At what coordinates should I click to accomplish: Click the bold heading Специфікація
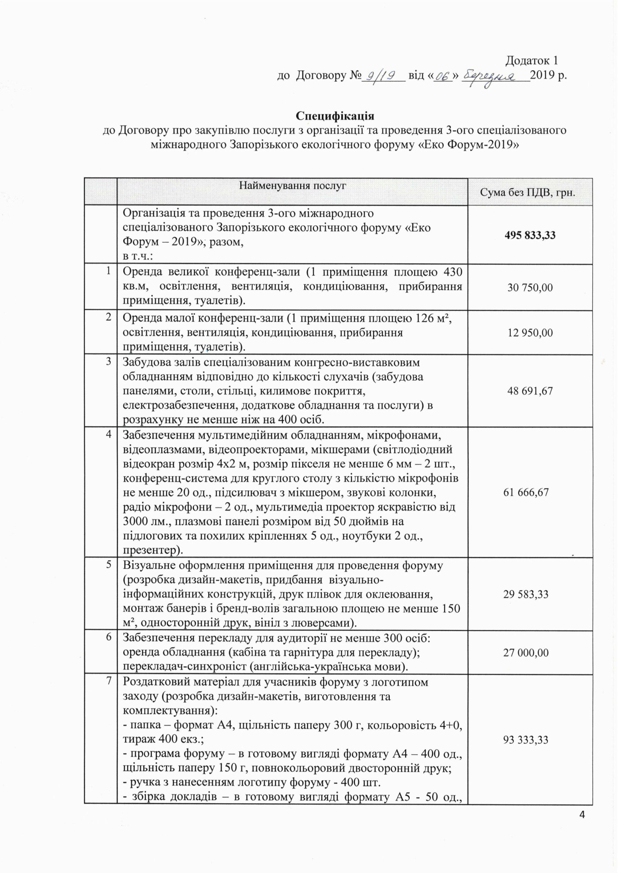point(335,116)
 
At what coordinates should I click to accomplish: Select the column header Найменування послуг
point(293,186)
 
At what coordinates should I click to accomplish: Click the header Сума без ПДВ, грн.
point(530,193)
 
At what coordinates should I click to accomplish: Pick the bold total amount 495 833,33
point(530,235)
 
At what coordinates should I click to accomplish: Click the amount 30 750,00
point(530,288)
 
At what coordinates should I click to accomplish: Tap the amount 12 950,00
point(530,332)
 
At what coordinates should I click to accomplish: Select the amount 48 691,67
point(530,391)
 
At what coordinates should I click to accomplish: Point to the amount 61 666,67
point(526,492)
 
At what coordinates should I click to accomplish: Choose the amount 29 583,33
point(526,594)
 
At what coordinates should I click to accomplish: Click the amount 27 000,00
point(526,652)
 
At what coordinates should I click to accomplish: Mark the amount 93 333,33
point(526,740)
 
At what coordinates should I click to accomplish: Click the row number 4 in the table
point(109,434)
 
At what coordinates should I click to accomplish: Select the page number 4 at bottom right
point(582,815)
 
